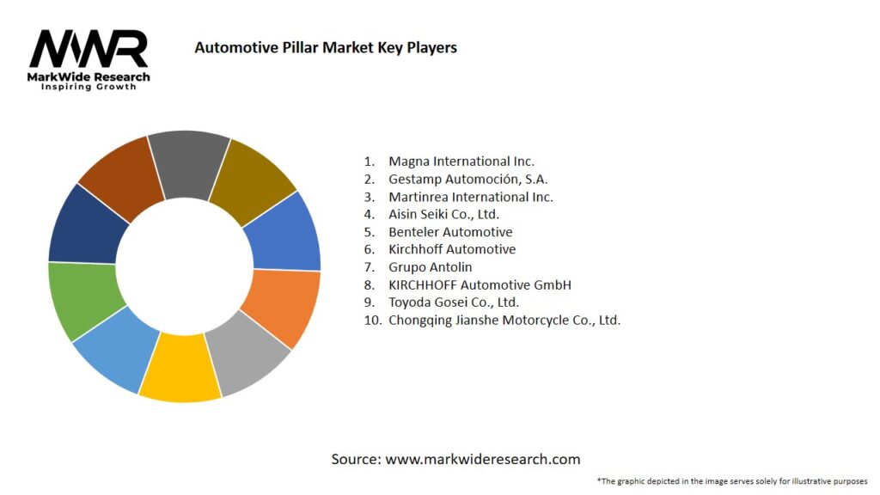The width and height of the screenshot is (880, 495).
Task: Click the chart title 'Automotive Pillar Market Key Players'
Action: pyautogui.click(x=326, y=48)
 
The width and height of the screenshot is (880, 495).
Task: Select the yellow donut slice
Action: pyautogui.click(x=180, y=368)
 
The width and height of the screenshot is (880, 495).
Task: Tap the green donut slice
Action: pyautogui.click(x=82, y=301)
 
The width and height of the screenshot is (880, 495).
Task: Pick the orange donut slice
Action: pyautogui.click(x=281, y=309)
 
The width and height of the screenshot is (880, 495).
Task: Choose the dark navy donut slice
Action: pyautogui.click(x=84, y=226)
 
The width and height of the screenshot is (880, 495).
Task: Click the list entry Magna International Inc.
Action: pyautogui.click(x=461, y=162)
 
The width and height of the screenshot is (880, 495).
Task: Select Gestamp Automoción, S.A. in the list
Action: pyautogui.click(x=467, y=179)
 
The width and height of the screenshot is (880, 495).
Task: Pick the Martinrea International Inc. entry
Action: pyautogui.click(x=470, y=197)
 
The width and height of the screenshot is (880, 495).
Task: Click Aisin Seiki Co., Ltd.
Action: pyautogui.click(x=443, y=214)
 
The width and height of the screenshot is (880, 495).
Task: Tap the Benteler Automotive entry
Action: pyautogui.click(x=450, y=232)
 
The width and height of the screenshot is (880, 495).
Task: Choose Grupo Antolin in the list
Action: pyautogui.click(x=430, y=267)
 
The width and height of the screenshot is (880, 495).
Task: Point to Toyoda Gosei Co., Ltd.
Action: pyautogui.click(x=454, y=302)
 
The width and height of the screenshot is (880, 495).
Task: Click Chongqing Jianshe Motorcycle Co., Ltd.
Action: pyautogui.click(x=504, y=320)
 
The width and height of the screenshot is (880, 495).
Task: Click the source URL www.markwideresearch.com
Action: pyautogui.click(x=483, y=459)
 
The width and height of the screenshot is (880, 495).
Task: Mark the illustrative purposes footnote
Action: pyautogui.click(x=731, y=481)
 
